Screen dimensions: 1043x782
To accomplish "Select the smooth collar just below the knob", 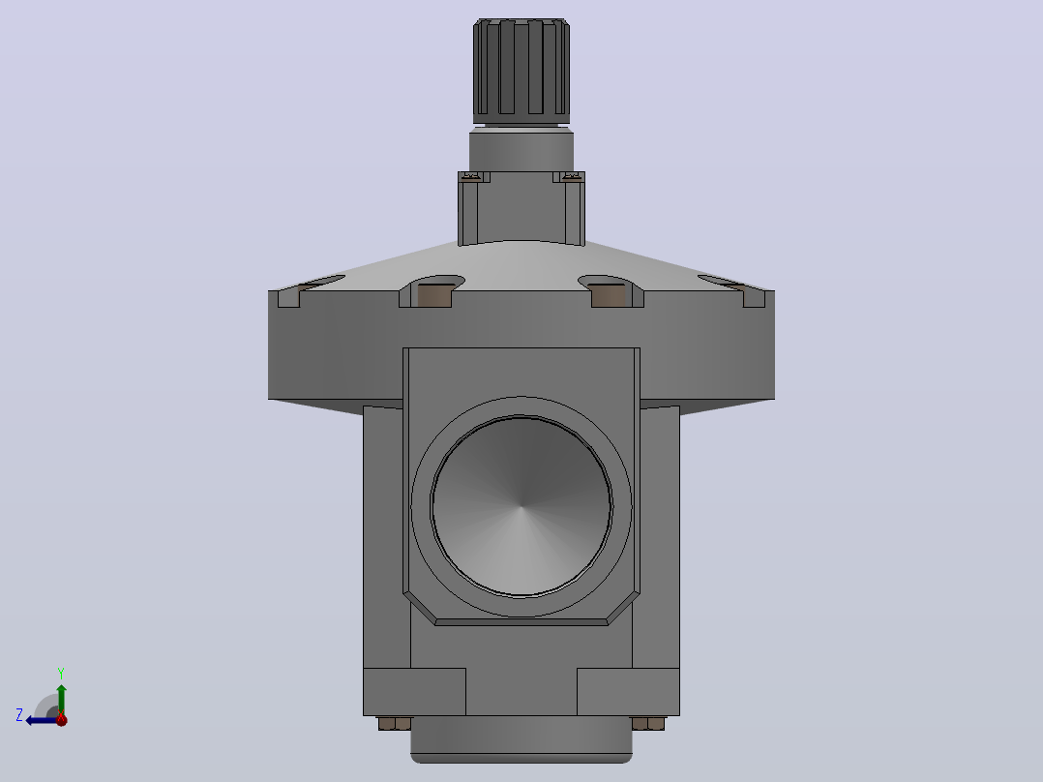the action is tap(521, 151).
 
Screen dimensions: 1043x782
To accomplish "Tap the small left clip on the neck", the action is tap(473, 176).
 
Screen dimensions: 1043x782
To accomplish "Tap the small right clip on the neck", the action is tap(569, 176).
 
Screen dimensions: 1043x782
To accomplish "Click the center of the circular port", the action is tap(521, 506).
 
